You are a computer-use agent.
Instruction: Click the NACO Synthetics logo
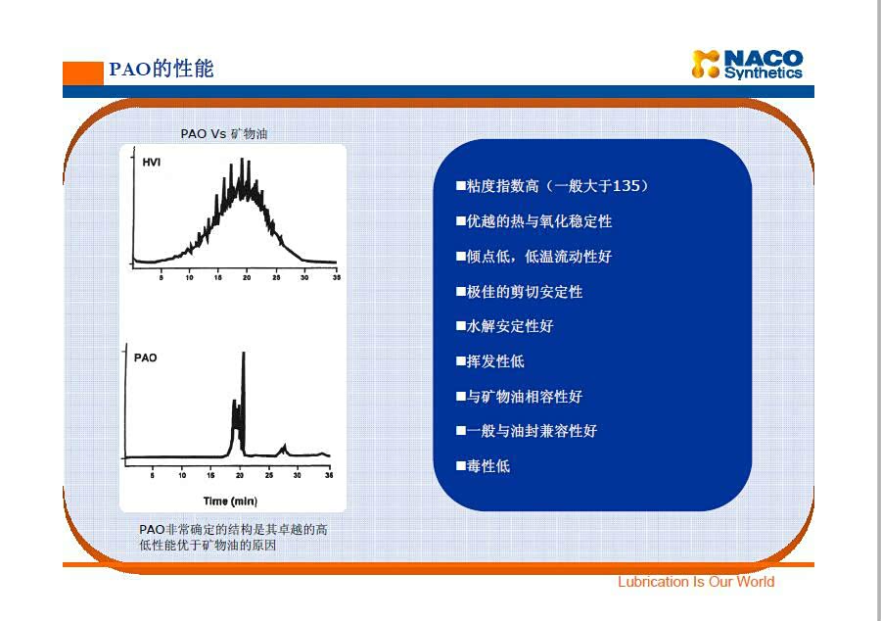pyautogui.click(x=747, y=64)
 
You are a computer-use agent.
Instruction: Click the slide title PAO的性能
pyautogui.click(x=162, y=69)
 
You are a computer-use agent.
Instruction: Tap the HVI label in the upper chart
pyautogui.click(x=151, y=163)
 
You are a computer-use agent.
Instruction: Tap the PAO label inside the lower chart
pyautogui.click(x=145, y=358)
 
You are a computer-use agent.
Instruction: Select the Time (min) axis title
pyautogui.click(x=230, y=501)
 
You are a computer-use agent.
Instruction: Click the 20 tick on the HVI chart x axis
pyautogui.click(x=247, y=277)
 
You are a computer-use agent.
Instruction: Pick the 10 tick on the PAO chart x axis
pyautogui.click(x=182, y=475)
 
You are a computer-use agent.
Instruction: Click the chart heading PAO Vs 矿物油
pyautogui.click(x=223, y=134)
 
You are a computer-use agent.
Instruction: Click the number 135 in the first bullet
pyautogui.click(x=626, y=185)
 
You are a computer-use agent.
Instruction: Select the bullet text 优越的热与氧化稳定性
pyautogui.click(x=539, y=221)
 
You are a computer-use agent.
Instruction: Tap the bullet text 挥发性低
pyautogui.click(x=495, y=361)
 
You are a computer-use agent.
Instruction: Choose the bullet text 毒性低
pyautogui.click(x=488, y=466)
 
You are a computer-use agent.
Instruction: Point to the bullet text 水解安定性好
pyautogui.click(x=510, y=326)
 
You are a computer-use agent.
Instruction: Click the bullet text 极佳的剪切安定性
pyautogui.click(x=525, y=292)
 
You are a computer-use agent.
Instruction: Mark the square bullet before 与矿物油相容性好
pyautogui.click(x=461, y=396)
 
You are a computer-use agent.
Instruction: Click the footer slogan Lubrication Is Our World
pyautogui.click(x=696, y=582)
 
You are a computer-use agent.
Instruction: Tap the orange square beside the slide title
pyautogui.click(x=83, y=73)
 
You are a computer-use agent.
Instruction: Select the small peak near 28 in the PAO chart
pyautogui.click(x=284, y=448)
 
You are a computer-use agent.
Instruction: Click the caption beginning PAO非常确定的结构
pyautogui.click(x=233, y=538)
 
